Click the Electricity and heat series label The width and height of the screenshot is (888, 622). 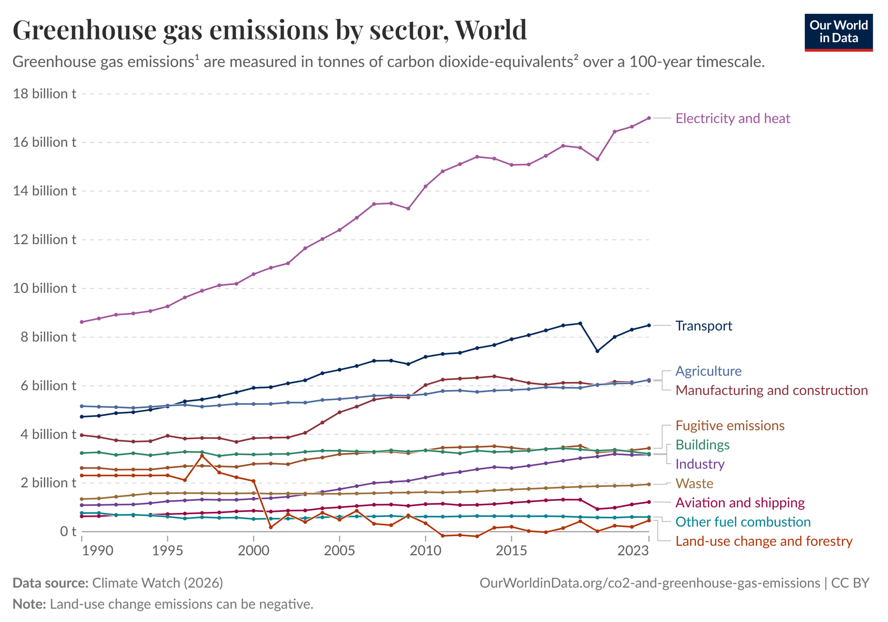732,118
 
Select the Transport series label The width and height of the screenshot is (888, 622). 703,325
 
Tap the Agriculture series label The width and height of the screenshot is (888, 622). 708,371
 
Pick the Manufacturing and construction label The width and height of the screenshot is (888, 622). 771,390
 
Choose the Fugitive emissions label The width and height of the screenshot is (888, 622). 730,425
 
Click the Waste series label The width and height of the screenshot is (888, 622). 694,483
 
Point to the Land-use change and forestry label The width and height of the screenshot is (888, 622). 764,541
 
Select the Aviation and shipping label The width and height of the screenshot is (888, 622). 740,503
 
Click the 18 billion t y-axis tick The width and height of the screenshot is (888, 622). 45,93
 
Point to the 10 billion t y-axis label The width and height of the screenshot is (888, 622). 45,288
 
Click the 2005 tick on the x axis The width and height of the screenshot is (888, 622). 339,550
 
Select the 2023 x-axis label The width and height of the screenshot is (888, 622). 633,550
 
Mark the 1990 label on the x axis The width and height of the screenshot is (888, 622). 97,550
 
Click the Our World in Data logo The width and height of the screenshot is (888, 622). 838,32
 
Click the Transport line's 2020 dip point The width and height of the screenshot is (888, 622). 597,351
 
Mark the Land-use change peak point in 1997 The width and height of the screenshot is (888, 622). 202,456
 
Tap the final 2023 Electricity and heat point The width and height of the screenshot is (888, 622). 649,118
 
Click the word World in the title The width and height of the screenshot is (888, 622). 490,29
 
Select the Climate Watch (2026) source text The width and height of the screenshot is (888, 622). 157,582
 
